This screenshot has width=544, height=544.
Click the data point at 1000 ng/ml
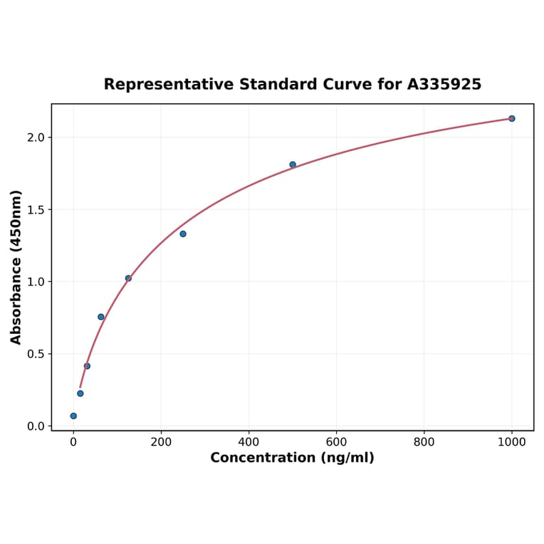pos(511,118)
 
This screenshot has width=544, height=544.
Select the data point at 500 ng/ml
pos(293,164)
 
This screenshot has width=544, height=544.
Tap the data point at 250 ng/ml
pos(183,234)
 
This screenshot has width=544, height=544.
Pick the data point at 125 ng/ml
pos(128,278)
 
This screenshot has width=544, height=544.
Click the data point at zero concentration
pos(73,416)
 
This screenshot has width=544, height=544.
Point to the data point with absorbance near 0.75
pos(101,317)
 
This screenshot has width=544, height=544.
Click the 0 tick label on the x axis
pos(73,442)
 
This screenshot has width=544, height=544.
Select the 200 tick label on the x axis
pos(161,442)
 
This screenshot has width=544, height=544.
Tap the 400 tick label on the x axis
pos(249,442)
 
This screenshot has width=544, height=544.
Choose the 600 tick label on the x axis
pos(336,442)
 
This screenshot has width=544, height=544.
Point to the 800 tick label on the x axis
pos(424,442)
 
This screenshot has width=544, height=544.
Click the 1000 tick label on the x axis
pos(511,442)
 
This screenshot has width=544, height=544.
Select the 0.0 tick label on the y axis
pos(36,427)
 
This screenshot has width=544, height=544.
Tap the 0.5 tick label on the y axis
pos(36,354)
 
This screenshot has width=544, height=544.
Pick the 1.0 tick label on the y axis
pos(36,282)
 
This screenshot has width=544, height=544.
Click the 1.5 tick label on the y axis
pos(36,210)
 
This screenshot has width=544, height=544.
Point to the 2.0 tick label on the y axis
pos(36,137)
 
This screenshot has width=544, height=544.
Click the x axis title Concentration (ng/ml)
pos(292,458)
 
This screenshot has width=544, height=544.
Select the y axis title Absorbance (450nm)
pos(16,267)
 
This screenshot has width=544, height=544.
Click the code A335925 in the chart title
pos(444,85)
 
